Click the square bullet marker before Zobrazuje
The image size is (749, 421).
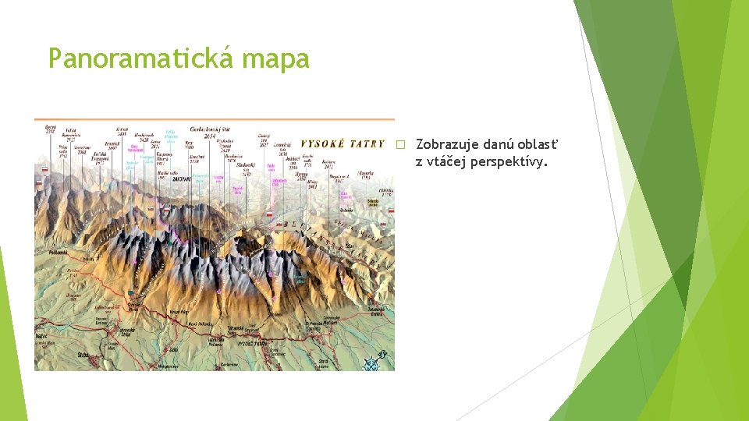coord(401,145)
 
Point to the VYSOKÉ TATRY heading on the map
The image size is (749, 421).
coord(343,143)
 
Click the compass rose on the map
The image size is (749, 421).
coord(373,359)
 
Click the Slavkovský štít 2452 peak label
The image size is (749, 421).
coord(239,167)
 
